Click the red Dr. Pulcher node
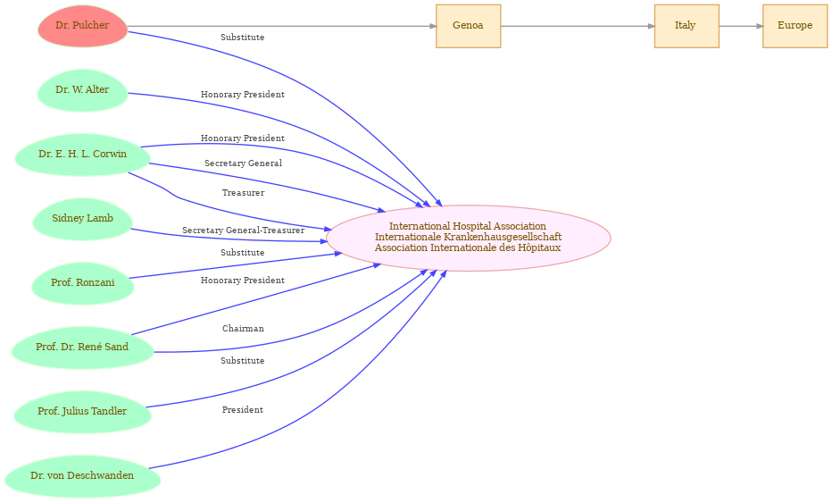point(83,26)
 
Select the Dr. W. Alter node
point(83,90)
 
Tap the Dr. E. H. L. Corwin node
point(83,155)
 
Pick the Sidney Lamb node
point(83,219)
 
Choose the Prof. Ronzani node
point(83,283)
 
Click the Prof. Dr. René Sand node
point(83,348)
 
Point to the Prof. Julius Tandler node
point(83,412)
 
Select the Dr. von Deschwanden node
point(83,476)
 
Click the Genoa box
point(468,26)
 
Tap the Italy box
point(686,26)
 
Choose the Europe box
point(795,26)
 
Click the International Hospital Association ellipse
point(468,238)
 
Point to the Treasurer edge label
point(243,193)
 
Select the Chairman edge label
point(243,329)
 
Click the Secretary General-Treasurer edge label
point(243,231)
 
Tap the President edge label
point(243,410)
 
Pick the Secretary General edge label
point(243,163)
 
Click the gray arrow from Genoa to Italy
point(578,26)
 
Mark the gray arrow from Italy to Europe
point(741,26)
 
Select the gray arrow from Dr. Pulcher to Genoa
point(282,26)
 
